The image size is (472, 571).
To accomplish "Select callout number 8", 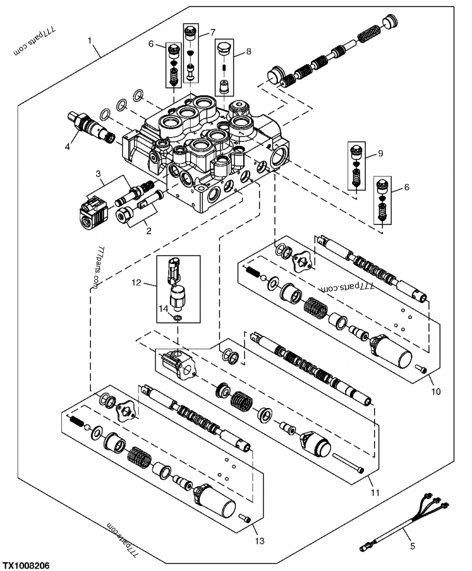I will [x=248, y=52].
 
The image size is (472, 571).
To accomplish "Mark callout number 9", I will [x=380, y=154].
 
